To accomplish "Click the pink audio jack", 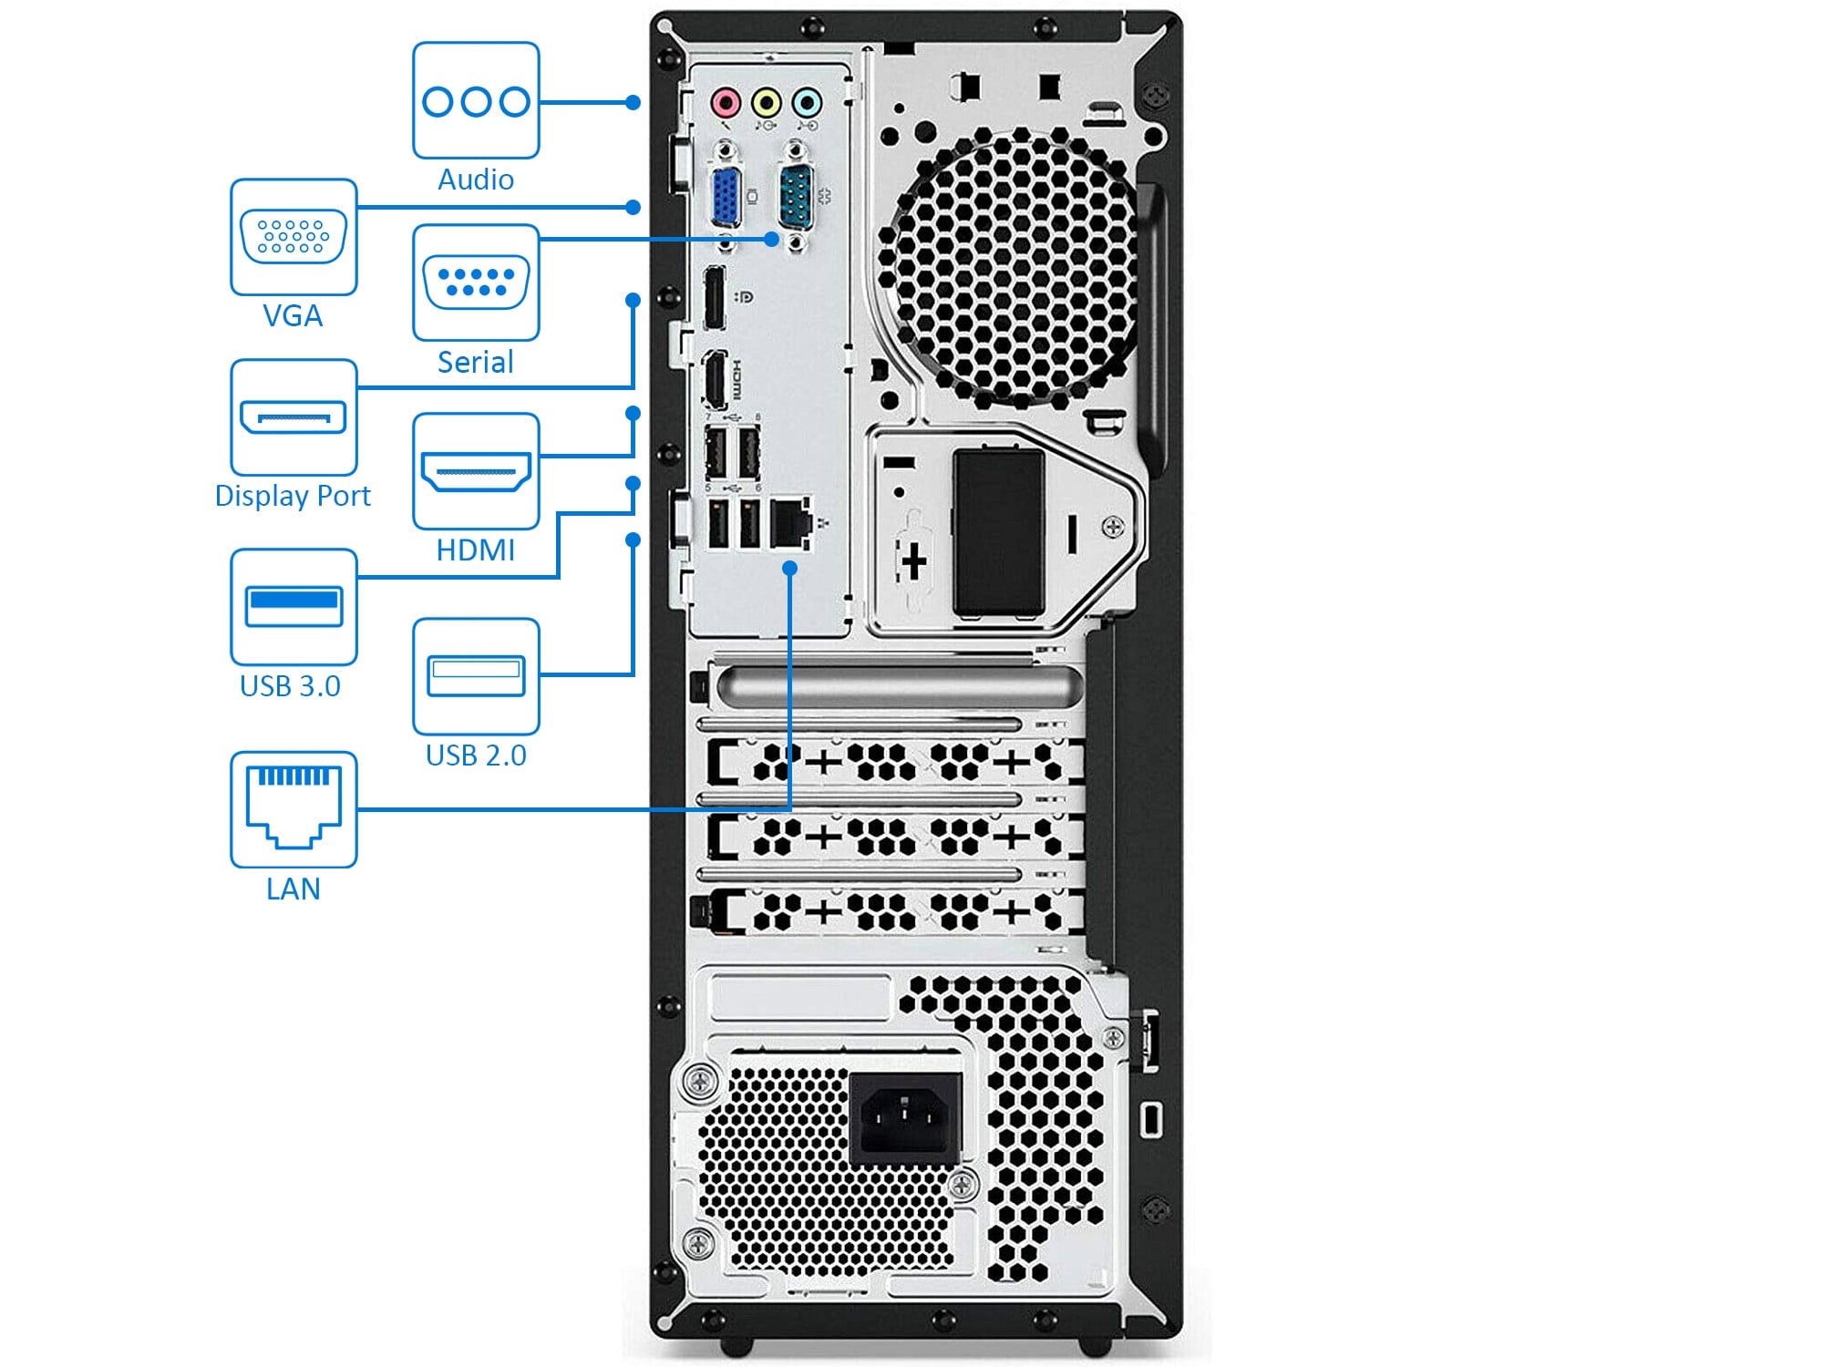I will click(726, 102).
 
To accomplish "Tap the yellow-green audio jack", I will click(767, 102).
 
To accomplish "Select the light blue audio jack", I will click(807, 102).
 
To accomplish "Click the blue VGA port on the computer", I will click(725, 196).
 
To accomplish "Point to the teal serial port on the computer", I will click(796, 194).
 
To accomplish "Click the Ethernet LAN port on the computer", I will click(790, 523).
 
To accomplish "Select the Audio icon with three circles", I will click(476, 100).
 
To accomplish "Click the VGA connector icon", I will click(294, 237).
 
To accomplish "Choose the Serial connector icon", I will click(476, 283).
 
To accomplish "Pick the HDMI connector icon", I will click(476, 471).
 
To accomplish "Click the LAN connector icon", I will click(294, 808).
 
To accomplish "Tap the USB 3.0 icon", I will click(294, 606).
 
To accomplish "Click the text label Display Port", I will click(293, 496).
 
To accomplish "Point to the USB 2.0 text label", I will click(476, 755).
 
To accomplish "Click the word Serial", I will click(476, 363).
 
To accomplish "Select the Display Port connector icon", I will click(294, 417).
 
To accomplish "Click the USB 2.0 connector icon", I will click(476, 676).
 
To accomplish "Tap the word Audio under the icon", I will click(476, 180).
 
